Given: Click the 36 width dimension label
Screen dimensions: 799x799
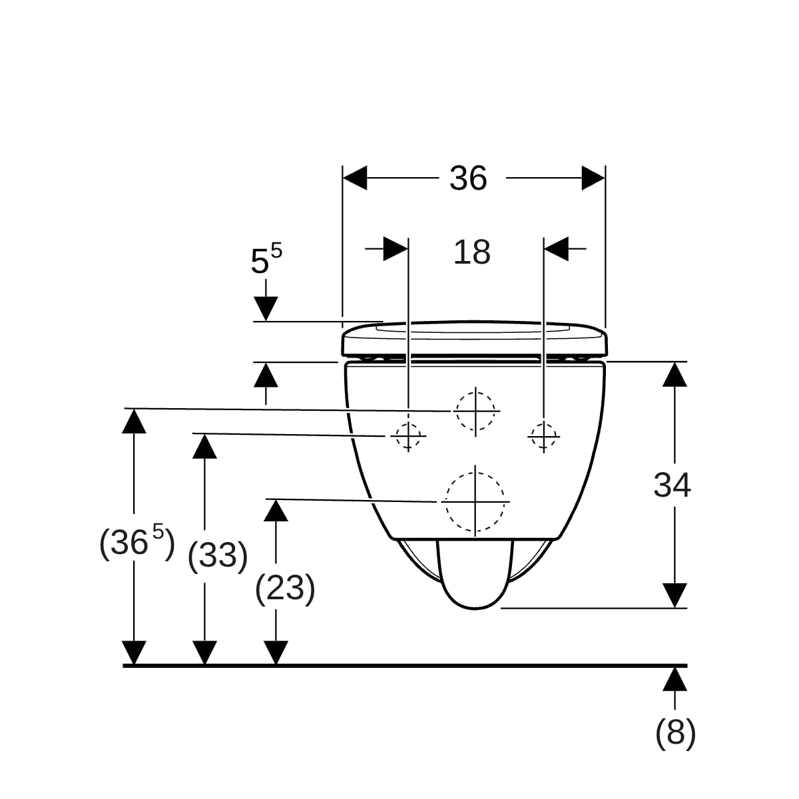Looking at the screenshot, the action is coord(468,178).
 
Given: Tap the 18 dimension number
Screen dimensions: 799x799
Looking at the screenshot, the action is coord(472,252).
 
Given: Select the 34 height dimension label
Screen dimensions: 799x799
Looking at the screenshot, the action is coord(672,485).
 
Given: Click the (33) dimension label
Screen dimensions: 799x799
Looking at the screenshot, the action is coord(218,556).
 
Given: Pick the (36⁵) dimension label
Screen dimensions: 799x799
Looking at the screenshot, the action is coord(137,542).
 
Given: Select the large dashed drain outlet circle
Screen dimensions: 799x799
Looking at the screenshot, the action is coord(475,502).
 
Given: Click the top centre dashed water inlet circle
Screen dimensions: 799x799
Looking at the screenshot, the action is coord(475,411).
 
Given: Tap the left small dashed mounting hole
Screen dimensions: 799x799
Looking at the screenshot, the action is coord(408,435).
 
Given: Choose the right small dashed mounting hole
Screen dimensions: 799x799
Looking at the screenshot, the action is coord(543,436).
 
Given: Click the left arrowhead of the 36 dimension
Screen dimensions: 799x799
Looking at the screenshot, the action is coord(355,178).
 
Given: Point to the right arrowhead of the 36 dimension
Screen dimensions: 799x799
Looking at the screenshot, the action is coord(593,178).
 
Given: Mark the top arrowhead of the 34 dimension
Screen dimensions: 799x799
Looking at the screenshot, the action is coord(674,375).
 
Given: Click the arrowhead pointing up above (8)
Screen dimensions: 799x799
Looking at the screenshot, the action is coord(674,679).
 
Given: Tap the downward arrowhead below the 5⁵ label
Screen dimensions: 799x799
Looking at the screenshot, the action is coord(266,309).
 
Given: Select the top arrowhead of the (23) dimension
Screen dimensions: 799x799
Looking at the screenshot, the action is coord(276,511).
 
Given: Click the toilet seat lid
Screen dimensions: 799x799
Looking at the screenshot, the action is coord(475,338).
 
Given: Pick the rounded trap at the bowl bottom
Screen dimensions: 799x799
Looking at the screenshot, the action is coord(475,574).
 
